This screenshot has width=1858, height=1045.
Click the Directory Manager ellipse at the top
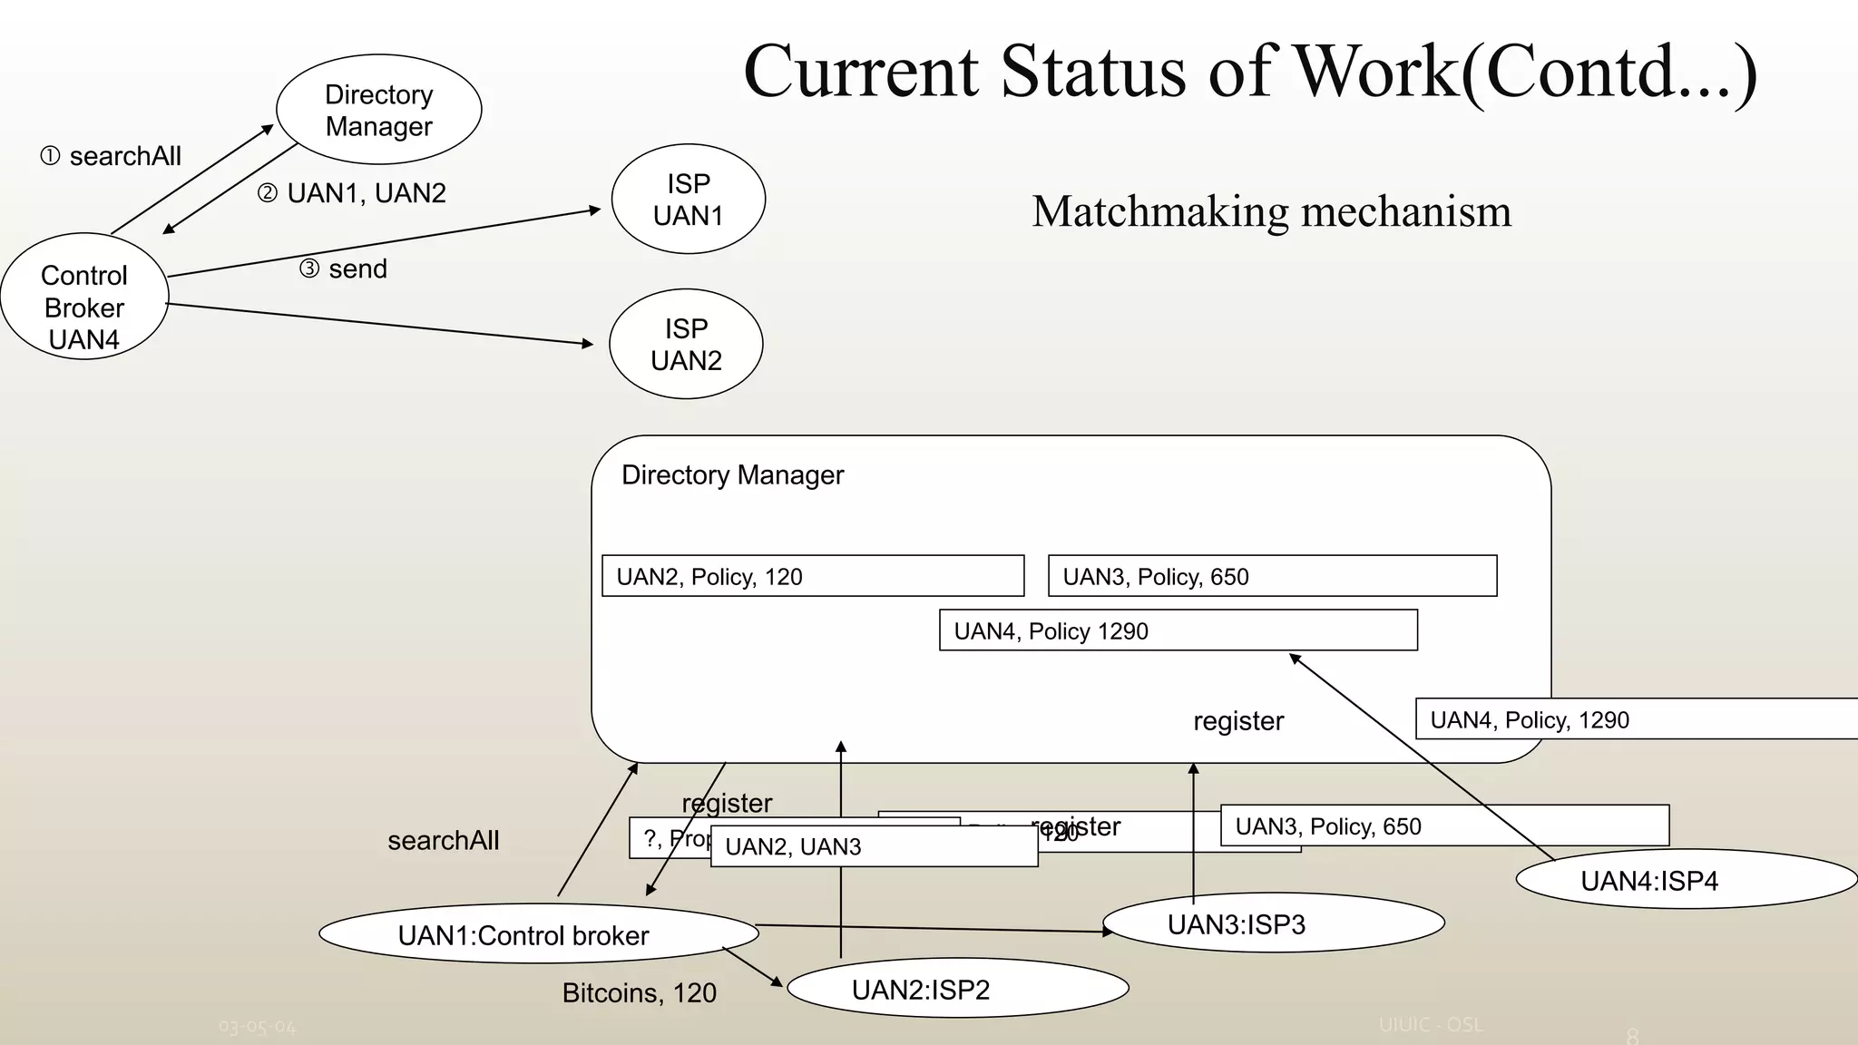[378, 110]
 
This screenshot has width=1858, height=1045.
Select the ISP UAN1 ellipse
[688, 199]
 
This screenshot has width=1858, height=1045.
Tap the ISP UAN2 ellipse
[686, 344]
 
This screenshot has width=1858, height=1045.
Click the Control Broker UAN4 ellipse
[84, 297]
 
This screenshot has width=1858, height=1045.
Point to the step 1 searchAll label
[111, 156]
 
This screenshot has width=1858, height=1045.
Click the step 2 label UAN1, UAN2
[352, 193]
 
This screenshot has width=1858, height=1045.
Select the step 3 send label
[344, 269]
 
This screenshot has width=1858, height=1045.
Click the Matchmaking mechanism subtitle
[1271, 211]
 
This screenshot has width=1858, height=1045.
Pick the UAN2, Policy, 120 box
[813, 576]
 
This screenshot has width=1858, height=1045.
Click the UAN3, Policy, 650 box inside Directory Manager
[1272, 576]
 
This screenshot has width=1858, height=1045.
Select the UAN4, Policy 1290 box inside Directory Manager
[1178, 630]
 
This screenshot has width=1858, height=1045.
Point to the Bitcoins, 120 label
[639, 993]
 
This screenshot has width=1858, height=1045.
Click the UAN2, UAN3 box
[873, 846]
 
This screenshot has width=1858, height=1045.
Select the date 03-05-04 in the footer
[257, 1027]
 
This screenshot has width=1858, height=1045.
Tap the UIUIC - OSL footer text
[1431, 1025]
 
